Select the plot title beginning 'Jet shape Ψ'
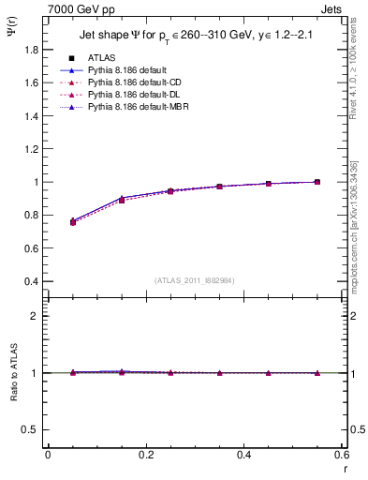click(194, 37)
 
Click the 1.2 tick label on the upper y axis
click(30, 132)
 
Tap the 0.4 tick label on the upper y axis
click(30, 281)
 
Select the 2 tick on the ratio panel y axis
click(34, 316)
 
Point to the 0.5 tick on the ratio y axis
click(30, 429)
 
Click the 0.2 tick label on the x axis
click(145, 455)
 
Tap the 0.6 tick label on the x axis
click(342, 455)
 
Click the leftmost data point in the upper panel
click(73, 222)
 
